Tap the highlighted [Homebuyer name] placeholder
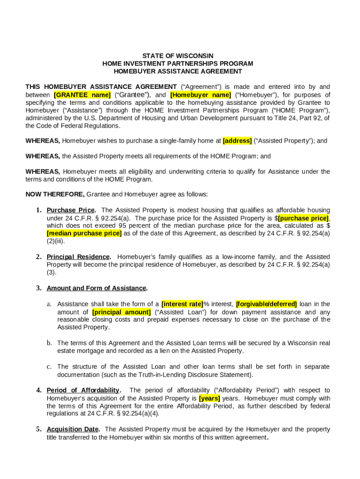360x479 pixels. point(201,94)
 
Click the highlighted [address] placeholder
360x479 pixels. point(238,140)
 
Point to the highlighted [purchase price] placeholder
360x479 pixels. point(303,218)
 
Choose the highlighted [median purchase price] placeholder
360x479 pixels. point(84,233)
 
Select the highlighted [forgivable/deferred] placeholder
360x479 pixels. point(266,304)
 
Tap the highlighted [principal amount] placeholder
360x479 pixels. point(122,312)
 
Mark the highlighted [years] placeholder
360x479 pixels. point(209,398)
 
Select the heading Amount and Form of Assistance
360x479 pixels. point(96,288)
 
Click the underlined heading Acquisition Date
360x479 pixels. point(72,429)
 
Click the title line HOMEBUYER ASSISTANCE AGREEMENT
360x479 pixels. point(178,72)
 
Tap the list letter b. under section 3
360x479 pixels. point(49,343)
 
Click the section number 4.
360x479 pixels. point(39,390)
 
